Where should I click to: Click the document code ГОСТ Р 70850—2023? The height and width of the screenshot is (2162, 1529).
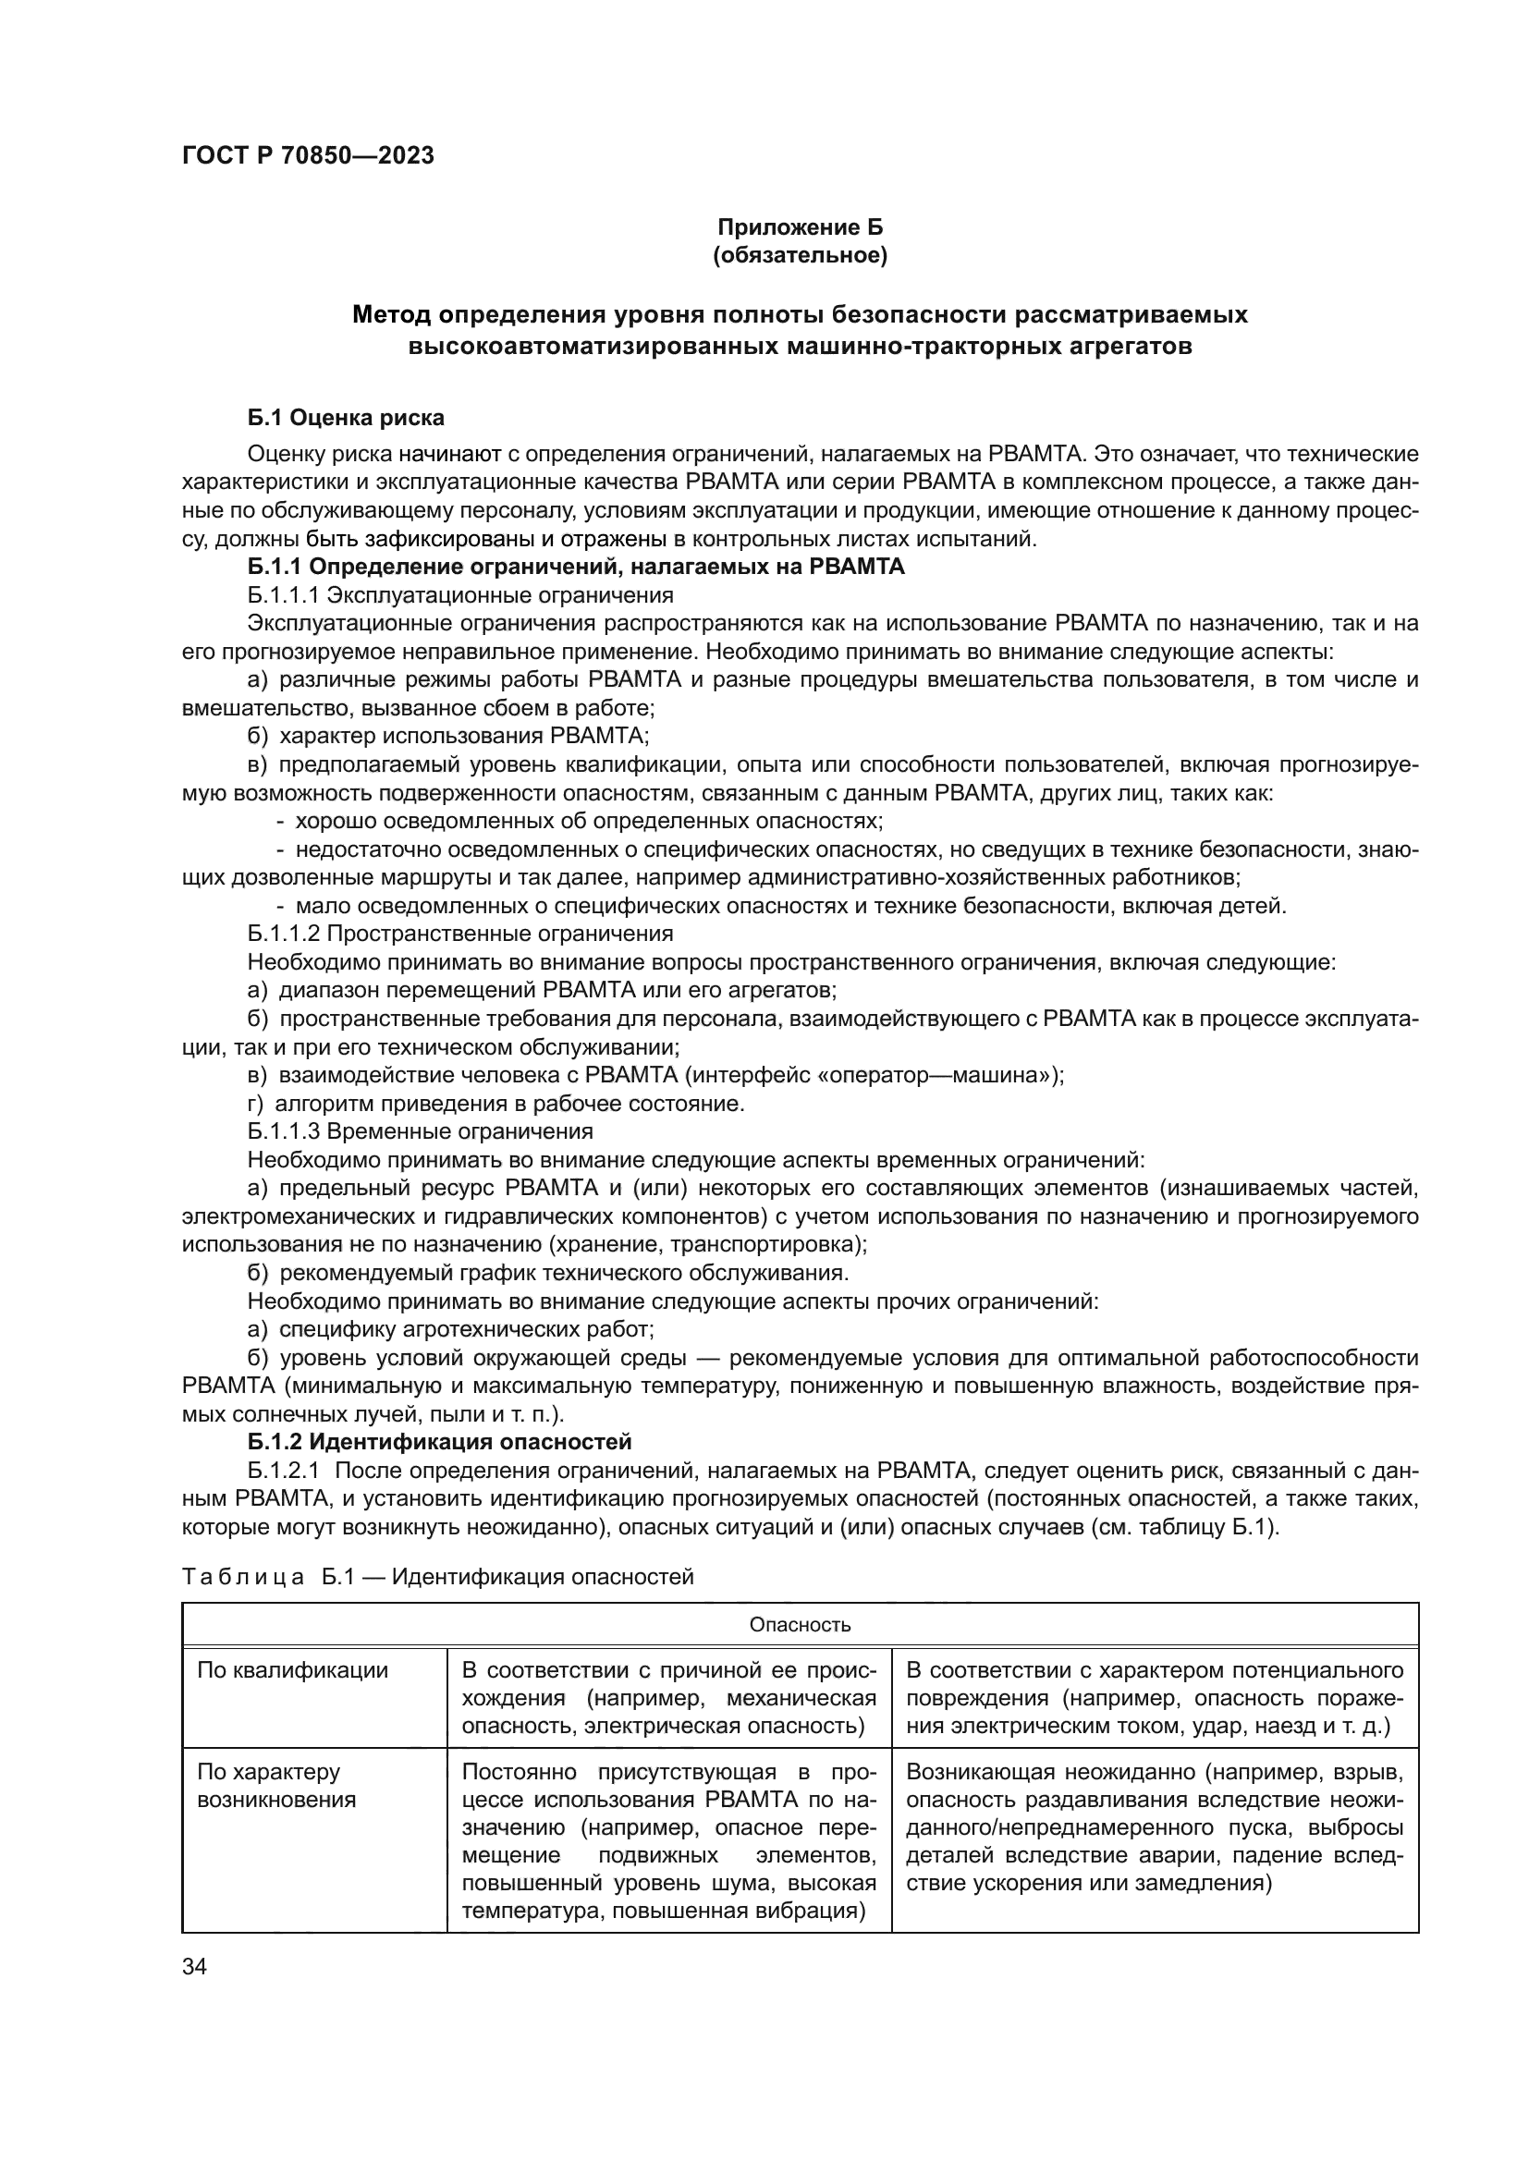308,155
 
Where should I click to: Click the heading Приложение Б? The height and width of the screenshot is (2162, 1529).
800,227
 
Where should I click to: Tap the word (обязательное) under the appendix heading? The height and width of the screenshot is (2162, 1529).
800,255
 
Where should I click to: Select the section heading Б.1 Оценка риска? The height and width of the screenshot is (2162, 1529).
346,417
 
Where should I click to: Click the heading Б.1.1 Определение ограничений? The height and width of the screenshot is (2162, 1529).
575,567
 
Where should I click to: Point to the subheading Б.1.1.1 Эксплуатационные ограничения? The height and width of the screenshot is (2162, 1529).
460,595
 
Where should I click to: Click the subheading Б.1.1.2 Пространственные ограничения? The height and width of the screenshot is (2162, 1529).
460,934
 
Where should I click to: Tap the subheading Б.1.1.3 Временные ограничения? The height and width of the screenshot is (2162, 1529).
420,1130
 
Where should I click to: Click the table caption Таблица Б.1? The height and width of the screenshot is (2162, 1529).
437,1576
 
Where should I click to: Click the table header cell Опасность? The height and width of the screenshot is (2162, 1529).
800,1624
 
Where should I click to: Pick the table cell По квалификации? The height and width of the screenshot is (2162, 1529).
293,1670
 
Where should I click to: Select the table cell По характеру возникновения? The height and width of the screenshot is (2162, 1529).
276,1787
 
